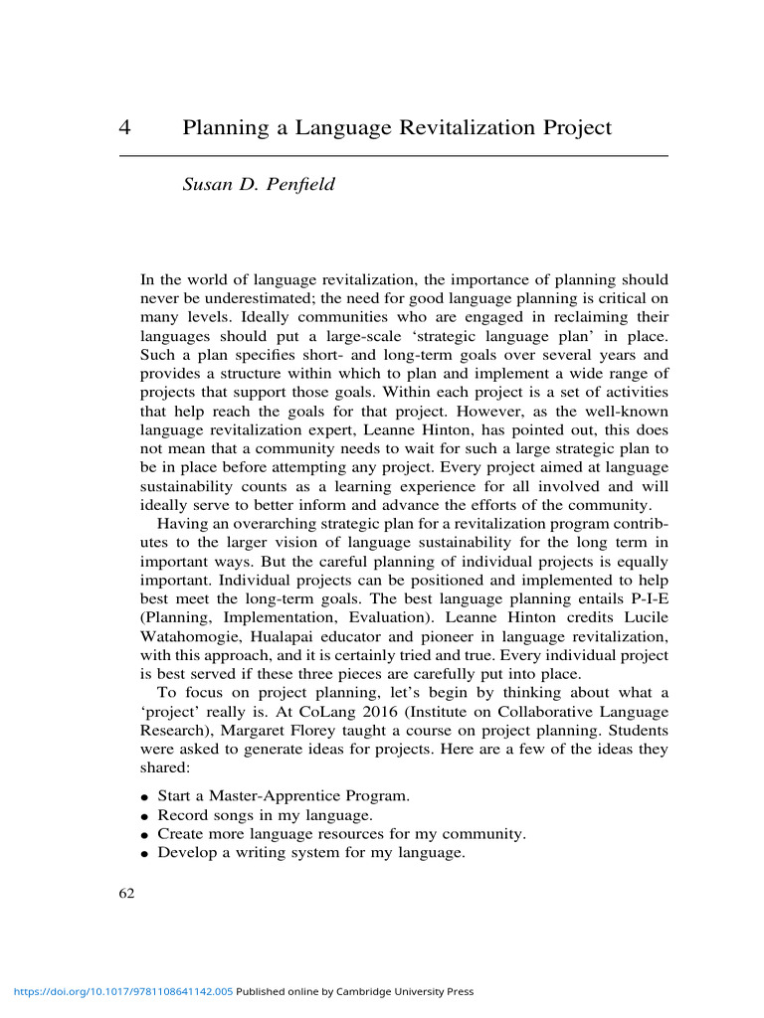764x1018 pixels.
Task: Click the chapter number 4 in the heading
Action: click(x=125, y=128)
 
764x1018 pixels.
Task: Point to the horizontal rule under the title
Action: click(x=393, y=156)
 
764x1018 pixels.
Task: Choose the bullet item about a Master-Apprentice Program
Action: click(x=283, y=796)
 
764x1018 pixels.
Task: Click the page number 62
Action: click(x=126, y=893)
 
